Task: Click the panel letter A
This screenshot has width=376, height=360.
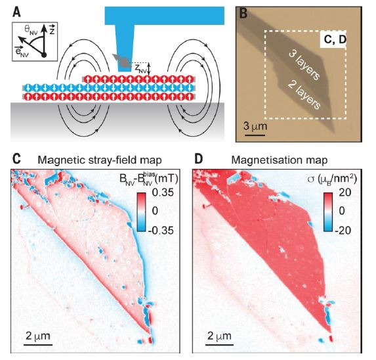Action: (x=16, y=12)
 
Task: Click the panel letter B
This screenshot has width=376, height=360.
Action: (x=243, y=13)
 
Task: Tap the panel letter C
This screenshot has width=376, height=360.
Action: (x=16, y=159)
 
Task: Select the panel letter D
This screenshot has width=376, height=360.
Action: (x=199, y=159)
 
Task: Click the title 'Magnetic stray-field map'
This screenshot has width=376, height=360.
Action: (x=100, y=160)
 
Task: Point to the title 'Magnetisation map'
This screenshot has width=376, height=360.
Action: (x=280, y=160)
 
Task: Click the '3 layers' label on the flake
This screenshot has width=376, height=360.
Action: (x=304, y=64)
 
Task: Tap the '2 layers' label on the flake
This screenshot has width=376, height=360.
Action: (x=304, y=95)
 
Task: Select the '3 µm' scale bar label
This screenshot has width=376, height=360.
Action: (x=255, y=126)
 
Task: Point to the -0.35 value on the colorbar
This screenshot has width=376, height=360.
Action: (x=161, y=231)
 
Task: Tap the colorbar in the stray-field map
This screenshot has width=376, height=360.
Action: (x=141, y=212)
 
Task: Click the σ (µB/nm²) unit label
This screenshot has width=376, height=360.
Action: (x=332, y=179)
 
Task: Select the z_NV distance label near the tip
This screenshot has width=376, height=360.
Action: (x=141, y=70)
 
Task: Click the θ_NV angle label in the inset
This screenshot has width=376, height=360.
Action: (x=31, y=30)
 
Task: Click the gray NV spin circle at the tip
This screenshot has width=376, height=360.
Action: (x=125, y=62)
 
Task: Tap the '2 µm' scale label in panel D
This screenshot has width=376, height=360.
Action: (x=219, y=336)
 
